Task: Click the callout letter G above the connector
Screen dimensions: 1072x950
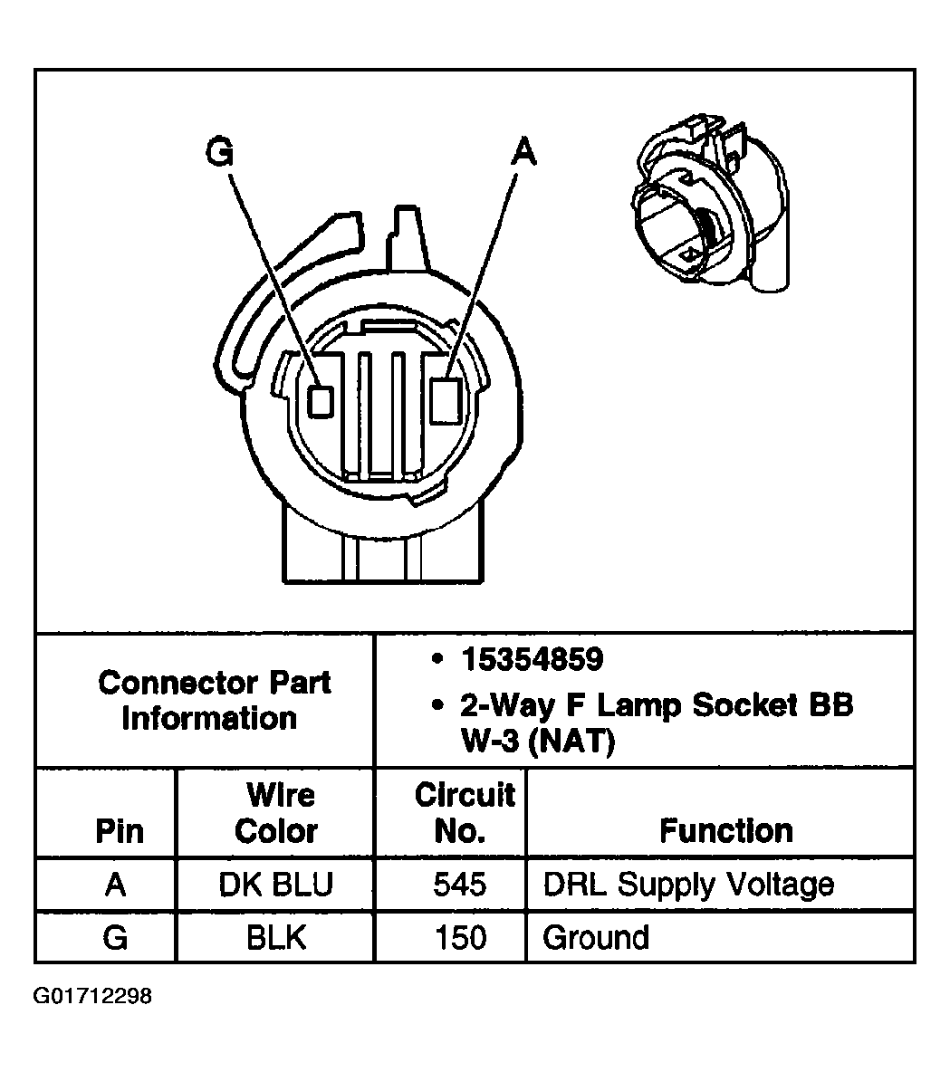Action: pyautogui.click(x=219, y=151)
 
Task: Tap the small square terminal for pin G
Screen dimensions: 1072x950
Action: pyautogui.click(x=321, y=400)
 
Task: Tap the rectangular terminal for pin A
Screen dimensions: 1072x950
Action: pyautogui.click(x=446, y=400)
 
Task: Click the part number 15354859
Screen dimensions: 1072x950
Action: pyautogui.click(x=532, y=660)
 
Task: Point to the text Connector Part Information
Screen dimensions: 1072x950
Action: pyautogui.click(x=214, y=700)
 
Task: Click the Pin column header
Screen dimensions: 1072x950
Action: pyautogui.click(x=119, y=830)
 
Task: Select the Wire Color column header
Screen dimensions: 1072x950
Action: pyautogui.click(x=276, y=813)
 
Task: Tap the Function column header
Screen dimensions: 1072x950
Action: pyautogui.click(x=725, y=830)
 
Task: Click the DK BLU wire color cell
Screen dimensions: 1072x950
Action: pyautogui.click(x=276, y=885)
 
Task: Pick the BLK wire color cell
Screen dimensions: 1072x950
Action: pyautogui.click(x=276, y=937)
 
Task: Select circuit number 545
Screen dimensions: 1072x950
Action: pyautogui.click(x=461, y=885)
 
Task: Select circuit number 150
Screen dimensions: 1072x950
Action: pyautogui.click(x=461, y=937)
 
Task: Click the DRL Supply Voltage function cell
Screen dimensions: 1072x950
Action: pyautogui.click(x=687, y=885)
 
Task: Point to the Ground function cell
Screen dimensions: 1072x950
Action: pyautogui.click(x=596, y=937)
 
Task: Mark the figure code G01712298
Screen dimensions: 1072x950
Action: pyautogui.click(x=93, y=997)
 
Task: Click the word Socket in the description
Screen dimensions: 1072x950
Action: pyautogui.click(x=732, y=705)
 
